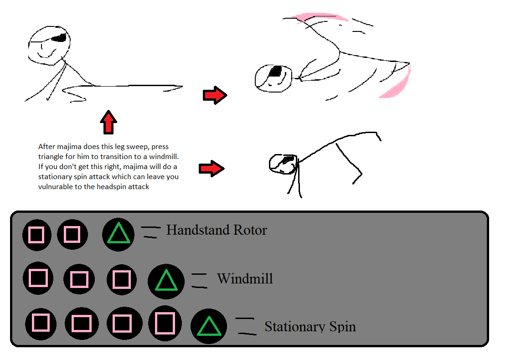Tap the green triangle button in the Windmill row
click(166, 281)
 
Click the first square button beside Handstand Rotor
click(36, 235)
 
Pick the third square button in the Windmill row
click(121, 279)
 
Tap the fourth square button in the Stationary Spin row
click(165, 324)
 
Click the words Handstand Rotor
click(217, 230)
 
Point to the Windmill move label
click(245, 278)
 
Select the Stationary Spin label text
click(310, 326)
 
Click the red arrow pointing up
click(108, 122)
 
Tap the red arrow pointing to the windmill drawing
click(214, 95)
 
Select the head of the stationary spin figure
click(283, 164)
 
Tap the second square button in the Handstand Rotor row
click(72, 235)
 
